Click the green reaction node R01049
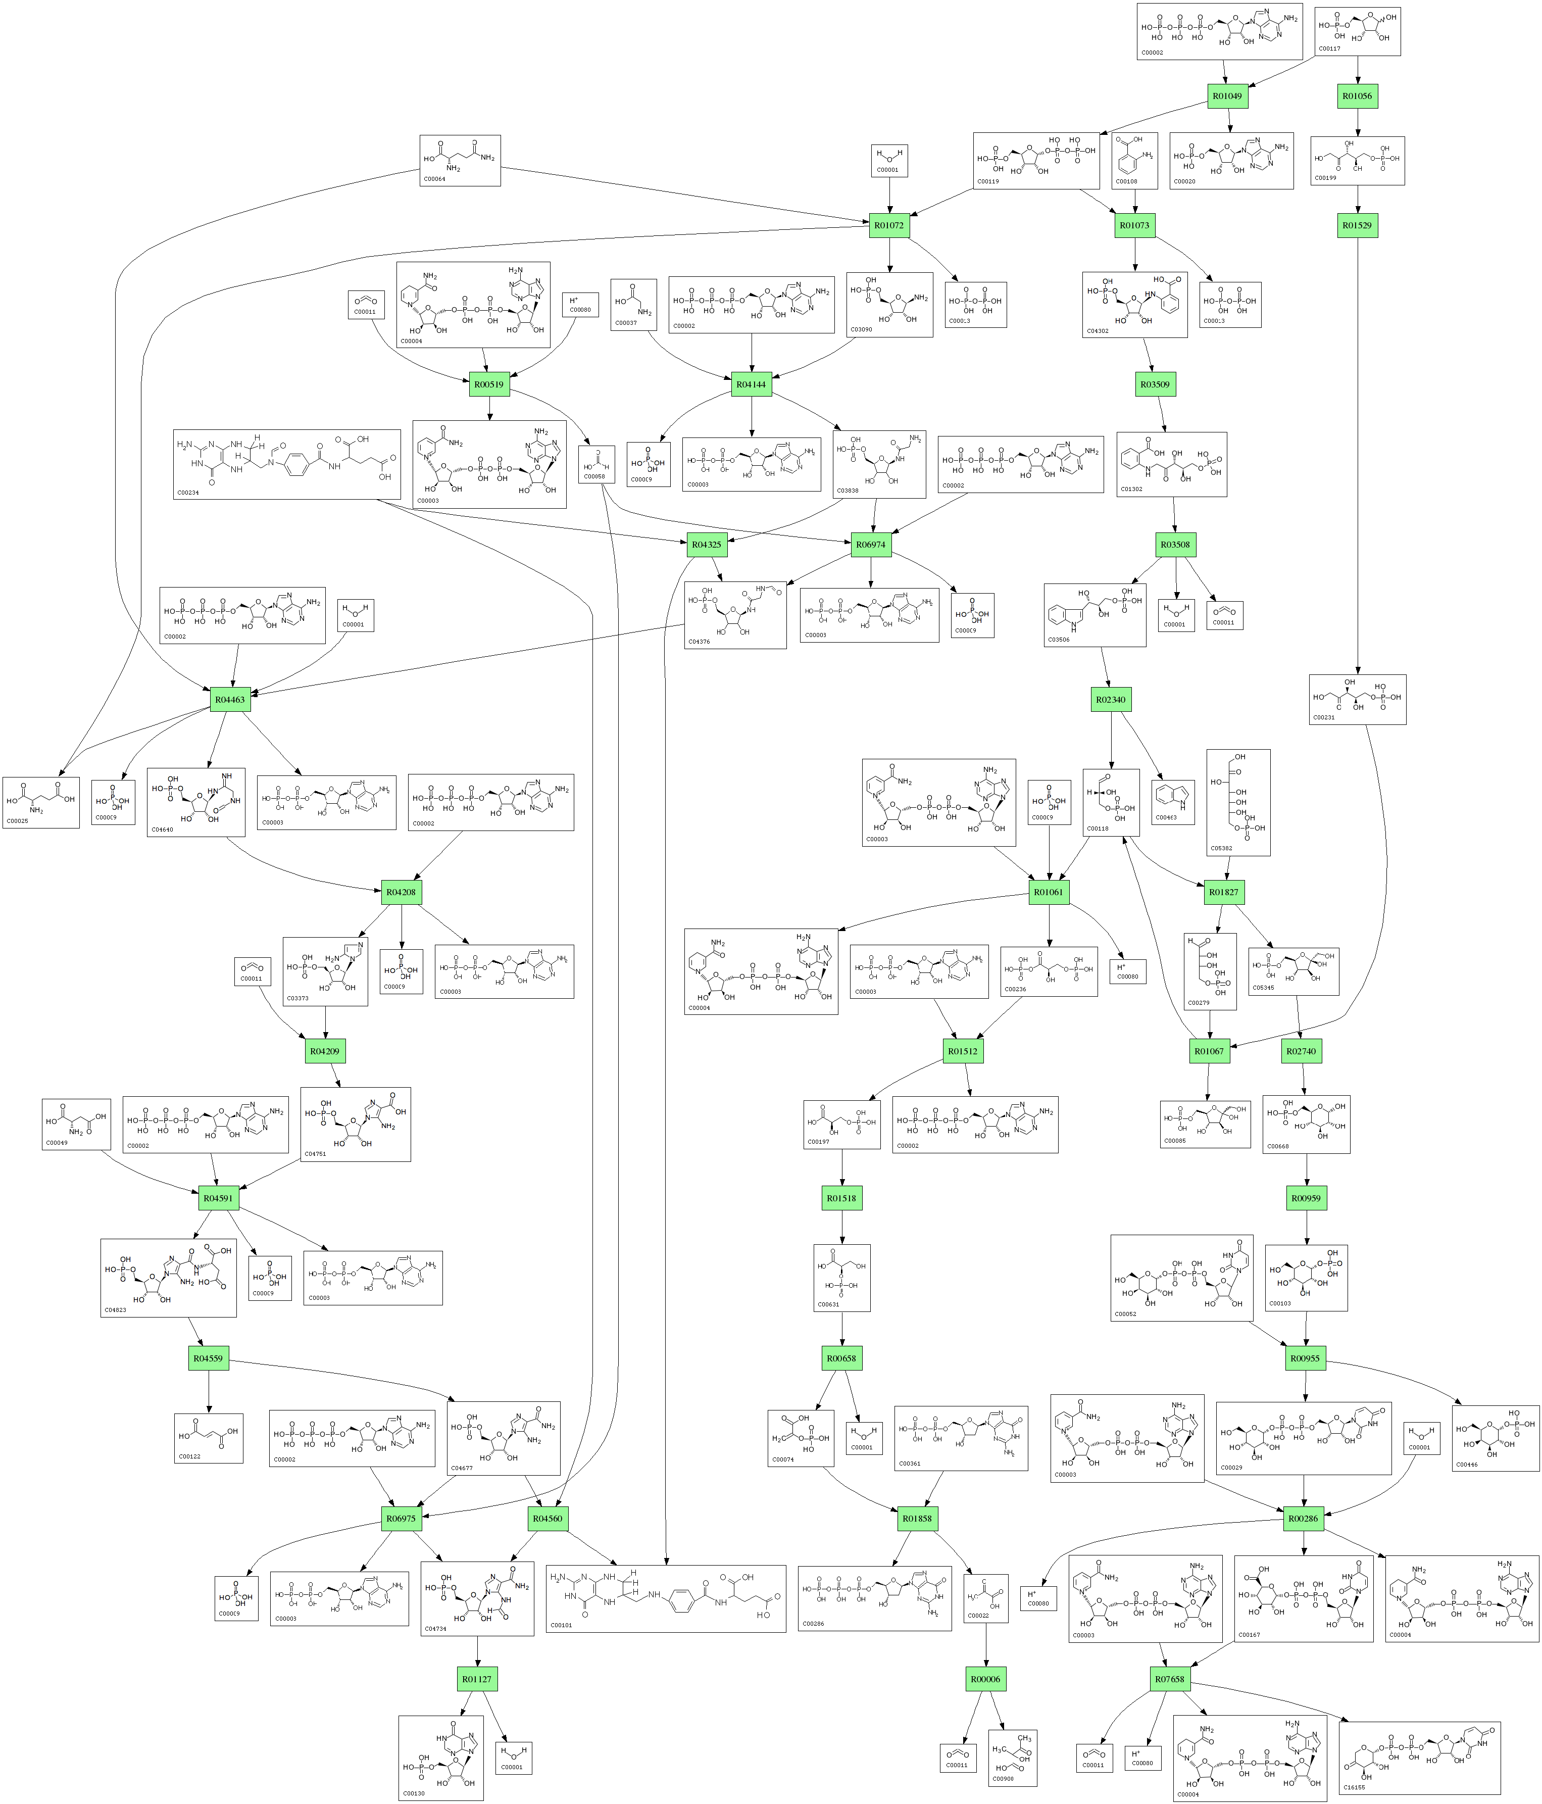[1226, 96]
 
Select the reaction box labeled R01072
[889, 225]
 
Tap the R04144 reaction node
[751, 384]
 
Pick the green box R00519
[488, 384]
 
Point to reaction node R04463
[230, 699]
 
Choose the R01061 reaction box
[1049, 893]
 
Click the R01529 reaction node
[1358, 225]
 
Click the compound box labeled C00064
[460, 160]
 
